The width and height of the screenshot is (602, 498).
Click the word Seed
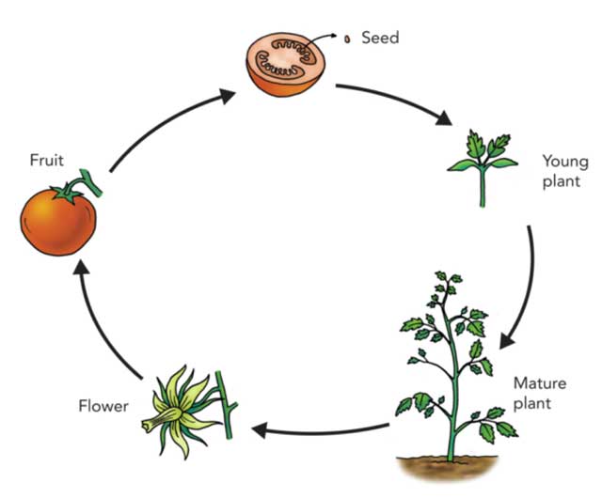(x=380, y=38)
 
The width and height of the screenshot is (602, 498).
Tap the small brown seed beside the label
(x=346, y=39)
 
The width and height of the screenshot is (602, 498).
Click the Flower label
(x=103, y=406)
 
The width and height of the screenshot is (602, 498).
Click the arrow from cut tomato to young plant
(x=395, y=103)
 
